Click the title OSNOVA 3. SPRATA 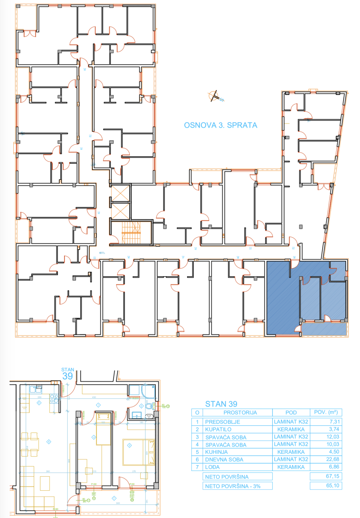[220, 125]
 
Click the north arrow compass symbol [215, 96]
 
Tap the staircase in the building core [131, 233]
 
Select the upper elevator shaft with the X [120, 193]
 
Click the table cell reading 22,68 [332, 459]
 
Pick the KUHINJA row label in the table [216, 452]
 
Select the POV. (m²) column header [326, 412]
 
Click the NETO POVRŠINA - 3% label [233, 486]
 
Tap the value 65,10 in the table [332, 486]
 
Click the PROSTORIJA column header [240, 413]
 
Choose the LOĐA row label [212, 467]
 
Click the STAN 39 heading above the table [221, 404]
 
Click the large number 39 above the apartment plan [67, 376]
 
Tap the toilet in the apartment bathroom [148, 406]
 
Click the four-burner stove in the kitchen [54, 398]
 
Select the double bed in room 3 [138, 452]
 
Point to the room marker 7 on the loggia [114, 498]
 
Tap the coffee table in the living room [45, 483]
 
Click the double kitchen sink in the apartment [35, 389]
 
